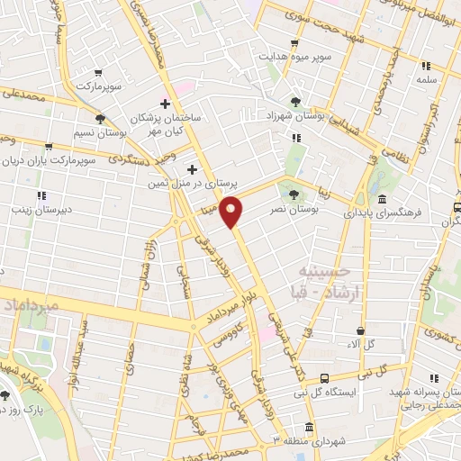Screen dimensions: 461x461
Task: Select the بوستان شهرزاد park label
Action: click(x=296, y=117)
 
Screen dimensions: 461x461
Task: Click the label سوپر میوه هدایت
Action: click(x=293, y=56)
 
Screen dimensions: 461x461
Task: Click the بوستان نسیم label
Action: click(x=98, y=132)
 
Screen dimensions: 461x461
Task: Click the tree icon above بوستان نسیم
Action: click(x=99, y=118)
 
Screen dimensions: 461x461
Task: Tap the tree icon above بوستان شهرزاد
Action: click(x=296, y=102)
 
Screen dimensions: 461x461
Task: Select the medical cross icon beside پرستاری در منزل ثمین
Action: click(x=192, y=169)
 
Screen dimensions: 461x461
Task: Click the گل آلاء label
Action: click(x=361, y=343)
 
